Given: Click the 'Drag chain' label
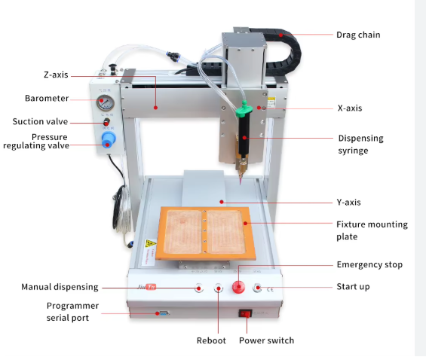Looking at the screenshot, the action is [x=358, y=35].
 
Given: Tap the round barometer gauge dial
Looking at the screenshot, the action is [x=105, y=103].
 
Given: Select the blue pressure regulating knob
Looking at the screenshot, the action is [x=109, y=140].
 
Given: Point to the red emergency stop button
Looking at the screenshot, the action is [x=238, y=287].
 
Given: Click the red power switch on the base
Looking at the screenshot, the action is [x=245, y=314].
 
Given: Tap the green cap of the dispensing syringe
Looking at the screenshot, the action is [x=243, y=110].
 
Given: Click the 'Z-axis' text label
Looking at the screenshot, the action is [x=56, y=75].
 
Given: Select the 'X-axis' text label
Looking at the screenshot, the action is [x=350, y=108].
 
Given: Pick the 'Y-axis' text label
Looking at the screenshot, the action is [x=348, y=203].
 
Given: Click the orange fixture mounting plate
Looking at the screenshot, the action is [x=205, y=233].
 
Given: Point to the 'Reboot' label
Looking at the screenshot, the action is [x=211, y=340].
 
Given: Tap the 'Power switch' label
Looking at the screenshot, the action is [x=266, y=340].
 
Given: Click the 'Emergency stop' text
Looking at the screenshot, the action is [x=369, y=265].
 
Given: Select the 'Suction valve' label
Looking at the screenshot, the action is [x=40, y=121].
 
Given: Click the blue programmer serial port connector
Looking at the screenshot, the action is [x=164, y=313].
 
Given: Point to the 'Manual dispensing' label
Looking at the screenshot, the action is [x=60, y=287].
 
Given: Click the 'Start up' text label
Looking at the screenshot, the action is [x=353, y=287].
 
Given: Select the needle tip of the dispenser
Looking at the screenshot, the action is [x=241, y=184].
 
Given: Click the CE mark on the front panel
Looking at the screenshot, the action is [x=270, y=289].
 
